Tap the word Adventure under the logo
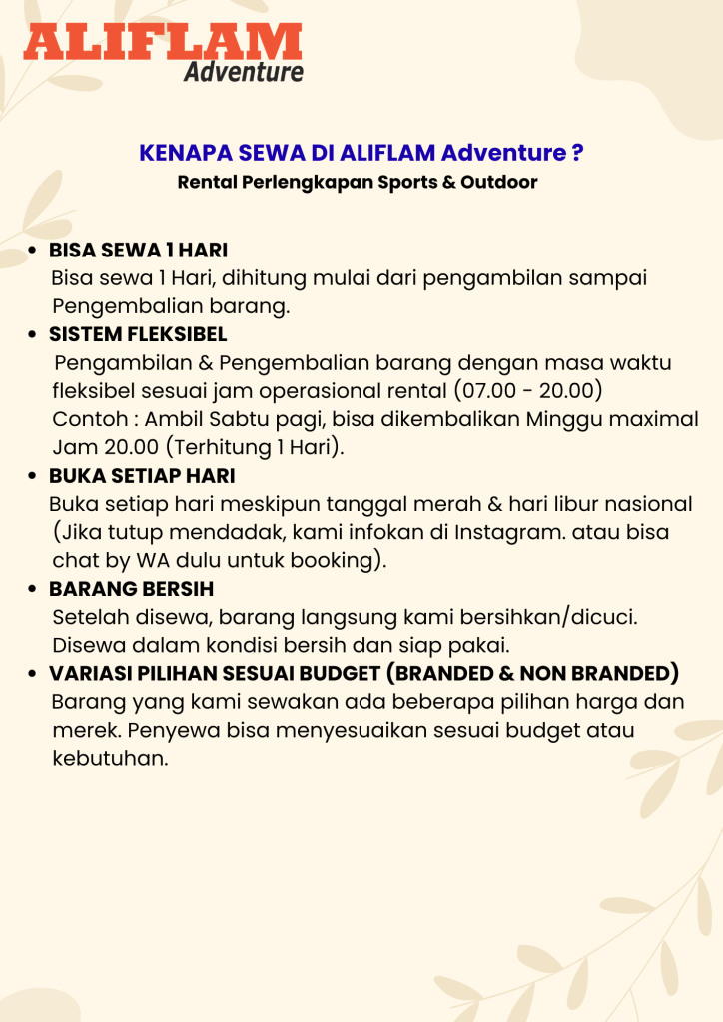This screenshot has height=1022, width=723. (243, 72)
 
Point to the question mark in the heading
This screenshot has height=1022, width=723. (577, 153)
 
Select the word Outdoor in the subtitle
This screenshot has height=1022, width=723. (498, 183)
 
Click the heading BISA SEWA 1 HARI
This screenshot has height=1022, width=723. (139, 250)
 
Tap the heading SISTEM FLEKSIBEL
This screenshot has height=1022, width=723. (138, 333)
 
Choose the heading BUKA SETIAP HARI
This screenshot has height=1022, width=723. (142, 476)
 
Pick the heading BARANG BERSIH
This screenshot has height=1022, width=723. (131, 589)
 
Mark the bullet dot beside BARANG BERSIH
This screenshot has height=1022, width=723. (32, 589)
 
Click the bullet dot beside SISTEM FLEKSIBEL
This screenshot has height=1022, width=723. (32, 334)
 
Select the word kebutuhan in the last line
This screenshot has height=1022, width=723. (109, 759)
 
